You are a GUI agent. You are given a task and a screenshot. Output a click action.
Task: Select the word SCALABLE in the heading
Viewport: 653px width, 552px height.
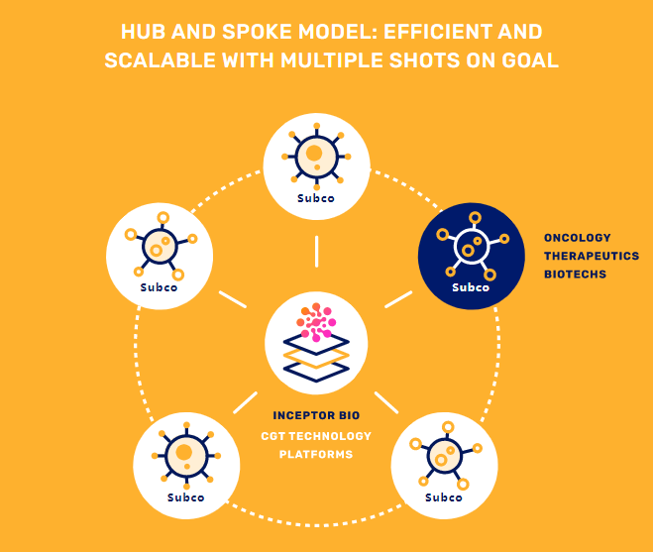click(x=160, y=60)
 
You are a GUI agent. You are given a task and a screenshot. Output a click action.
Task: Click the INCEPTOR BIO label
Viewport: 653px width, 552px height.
click(x=316, y=415)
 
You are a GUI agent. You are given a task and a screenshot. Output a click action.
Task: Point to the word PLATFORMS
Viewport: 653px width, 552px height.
click(x=316, y=454)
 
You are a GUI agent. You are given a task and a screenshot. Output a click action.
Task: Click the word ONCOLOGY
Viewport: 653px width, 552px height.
click(x=578, y=238)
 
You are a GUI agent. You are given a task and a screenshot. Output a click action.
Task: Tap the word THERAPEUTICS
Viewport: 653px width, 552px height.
click(x=592, y=256)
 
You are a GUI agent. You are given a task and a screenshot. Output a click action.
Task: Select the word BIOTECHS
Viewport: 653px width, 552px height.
click(x=575, y=275)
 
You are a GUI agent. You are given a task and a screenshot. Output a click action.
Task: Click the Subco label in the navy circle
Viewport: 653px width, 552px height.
click(x=471, y=287)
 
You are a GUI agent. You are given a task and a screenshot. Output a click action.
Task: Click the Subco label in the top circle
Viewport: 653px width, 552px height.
click(x=316, y=198)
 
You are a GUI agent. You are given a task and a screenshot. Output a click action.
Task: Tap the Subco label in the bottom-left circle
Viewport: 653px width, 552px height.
click(x=185, y=497)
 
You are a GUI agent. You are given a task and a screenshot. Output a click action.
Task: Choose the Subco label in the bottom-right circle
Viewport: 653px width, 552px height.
click(x=444, y=497)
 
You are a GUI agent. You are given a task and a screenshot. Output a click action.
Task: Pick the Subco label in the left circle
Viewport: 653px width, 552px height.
click(x=159, y=287)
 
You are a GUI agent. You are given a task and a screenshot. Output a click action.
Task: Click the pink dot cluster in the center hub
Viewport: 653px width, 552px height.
click(x=316, y=322)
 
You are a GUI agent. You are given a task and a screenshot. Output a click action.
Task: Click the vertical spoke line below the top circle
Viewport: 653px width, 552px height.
click(x=317, y=251)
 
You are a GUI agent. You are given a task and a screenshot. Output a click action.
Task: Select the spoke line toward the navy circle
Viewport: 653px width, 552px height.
click(x=398, y=299)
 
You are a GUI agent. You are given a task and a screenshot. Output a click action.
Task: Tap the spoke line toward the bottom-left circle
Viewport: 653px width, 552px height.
click(x=246, y=402)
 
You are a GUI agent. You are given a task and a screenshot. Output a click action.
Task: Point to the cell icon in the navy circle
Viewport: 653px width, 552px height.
click(x=473, y=246)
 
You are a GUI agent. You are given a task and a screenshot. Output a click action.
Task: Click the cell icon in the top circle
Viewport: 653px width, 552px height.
click(x=316, y=157)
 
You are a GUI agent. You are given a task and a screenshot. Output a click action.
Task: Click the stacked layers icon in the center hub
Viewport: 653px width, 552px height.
click(x=316, y=359)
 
